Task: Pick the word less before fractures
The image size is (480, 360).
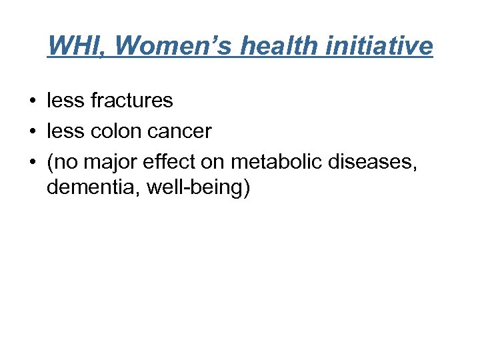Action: click(x=65, y=101)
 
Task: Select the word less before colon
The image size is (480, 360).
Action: click(x=65, y=132)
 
